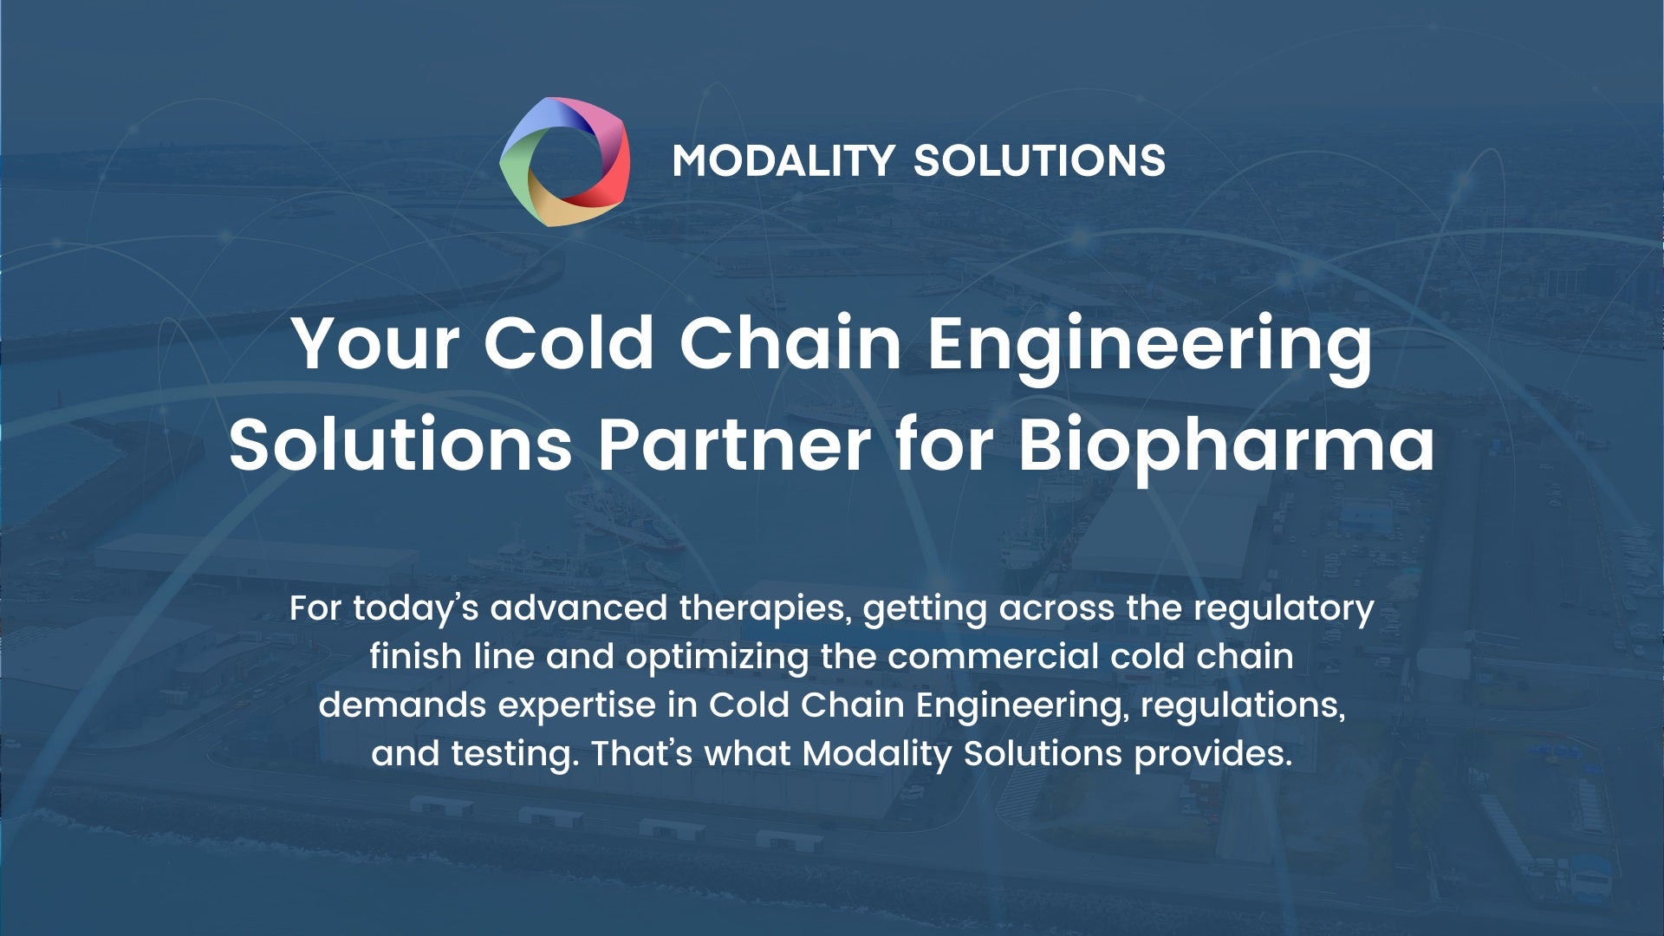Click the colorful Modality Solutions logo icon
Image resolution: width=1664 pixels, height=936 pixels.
coord(565,161)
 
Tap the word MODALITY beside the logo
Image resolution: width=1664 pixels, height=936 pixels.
coord(783,161)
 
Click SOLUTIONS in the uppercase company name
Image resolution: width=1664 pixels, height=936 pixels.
coord(1039,161)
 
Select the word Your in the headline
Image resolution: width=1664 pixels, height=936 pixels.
coord(375,343)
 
